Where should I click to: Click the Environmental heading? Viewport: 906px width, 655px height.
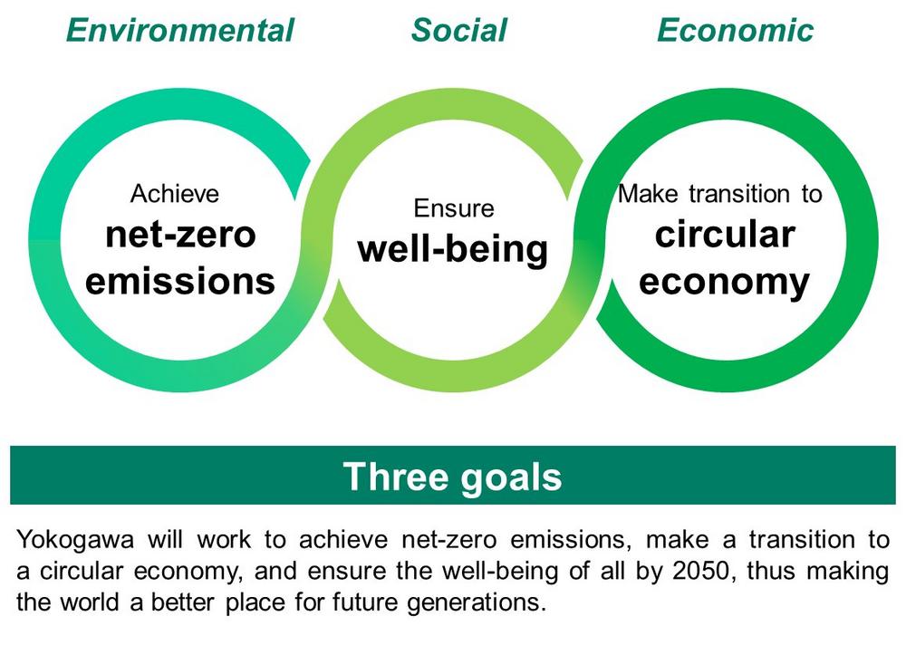[180, 31]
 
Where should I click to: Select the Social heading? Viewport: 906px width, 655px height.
[458, 31]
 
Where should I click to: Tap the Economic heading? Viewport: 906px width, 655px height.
[735, 31]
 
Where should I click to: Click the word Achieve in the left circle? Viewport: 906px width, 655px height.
[175, 194]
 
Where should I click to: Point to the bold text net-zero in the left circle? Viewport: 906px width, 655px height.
[180, 235]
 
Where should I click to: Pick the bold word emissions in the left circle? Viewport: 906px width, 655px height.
[180, 281]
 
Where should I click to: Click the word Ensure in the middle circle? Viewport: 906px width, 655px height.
[454, 208]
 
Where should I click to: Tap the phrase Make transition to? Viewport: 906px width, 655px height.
[720, 194]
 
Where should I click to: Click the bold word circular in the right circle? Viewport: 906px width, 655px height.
[725, 235]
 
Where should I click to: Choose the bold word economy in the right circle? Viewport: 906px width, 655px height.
[725, 284]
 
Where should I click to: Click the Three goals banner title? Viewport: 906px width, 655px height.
[452, 477]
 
